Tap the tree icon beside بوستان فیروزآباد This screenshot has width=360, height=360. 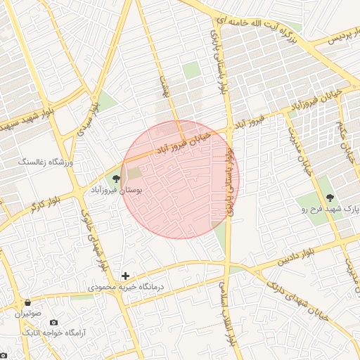tap(116, 178)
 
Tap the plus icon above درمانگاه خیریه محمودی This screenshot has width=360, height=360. tap(125, 275)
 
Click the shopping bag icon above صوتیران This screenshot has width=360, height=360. tap(27, 302)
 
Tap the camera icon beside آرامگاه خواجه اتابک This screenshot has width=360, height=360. tap(54, 322)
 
